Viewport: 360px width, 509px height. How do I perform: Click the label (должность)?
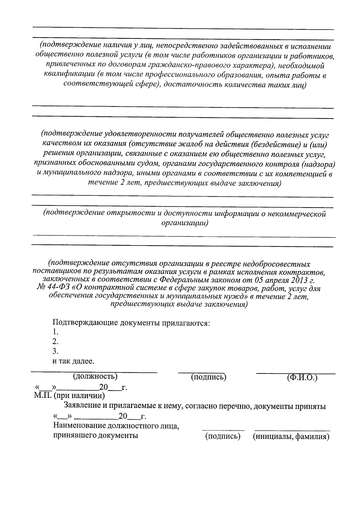[x=95, y=376]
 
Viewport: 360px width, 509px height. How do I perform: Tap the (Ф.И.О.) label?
[x=302, y=377]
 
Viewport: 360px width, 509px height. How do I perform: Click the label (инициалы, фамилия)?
[x=291, y=436]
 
